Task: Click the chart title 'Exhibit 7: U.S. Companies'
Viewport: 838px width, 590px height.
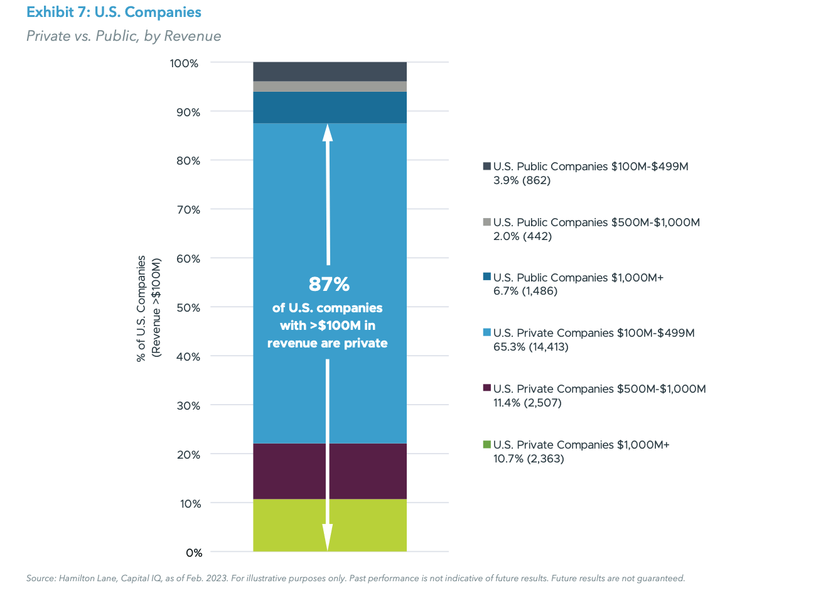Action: [x=114, y=13]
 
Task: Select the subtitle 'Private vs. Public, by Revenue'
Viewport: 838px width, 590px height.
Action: [x=124, y=36]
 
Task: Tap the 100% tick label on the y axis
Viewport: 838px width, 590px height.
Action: [x=185, y=63]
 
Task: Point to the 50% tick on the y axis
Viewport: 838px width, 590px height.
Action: [x=188, y=308]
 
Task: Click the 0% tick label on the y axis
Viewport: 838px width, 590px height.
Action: [x=193, y=553]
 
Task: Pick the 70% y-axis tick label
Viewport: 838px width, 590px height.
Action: [x=188, y=210]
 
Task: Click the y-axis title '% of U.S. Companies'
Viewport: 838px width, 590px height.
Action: [x=142, y=308]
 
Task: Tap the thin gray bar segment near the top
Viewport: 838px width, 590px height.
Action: [x=330, y=87]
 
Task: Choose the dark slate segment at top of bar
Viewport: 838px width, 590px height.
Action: [x=330, y=72]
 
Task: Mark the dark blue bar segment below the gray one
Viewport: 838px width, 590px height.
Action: [x=330, y=107]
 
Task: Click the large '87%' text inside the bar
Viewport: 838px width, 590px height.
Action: [x=329, y=285]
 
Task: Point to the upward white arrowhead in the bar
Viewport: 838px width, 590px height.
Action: [x=328, y=133]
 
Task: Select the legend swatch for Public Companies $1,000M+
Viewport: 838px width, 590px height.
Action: [x=486, y=277]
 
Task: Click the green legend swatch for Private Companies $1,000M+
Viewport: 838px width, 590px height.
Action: [x=486, y=445]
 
